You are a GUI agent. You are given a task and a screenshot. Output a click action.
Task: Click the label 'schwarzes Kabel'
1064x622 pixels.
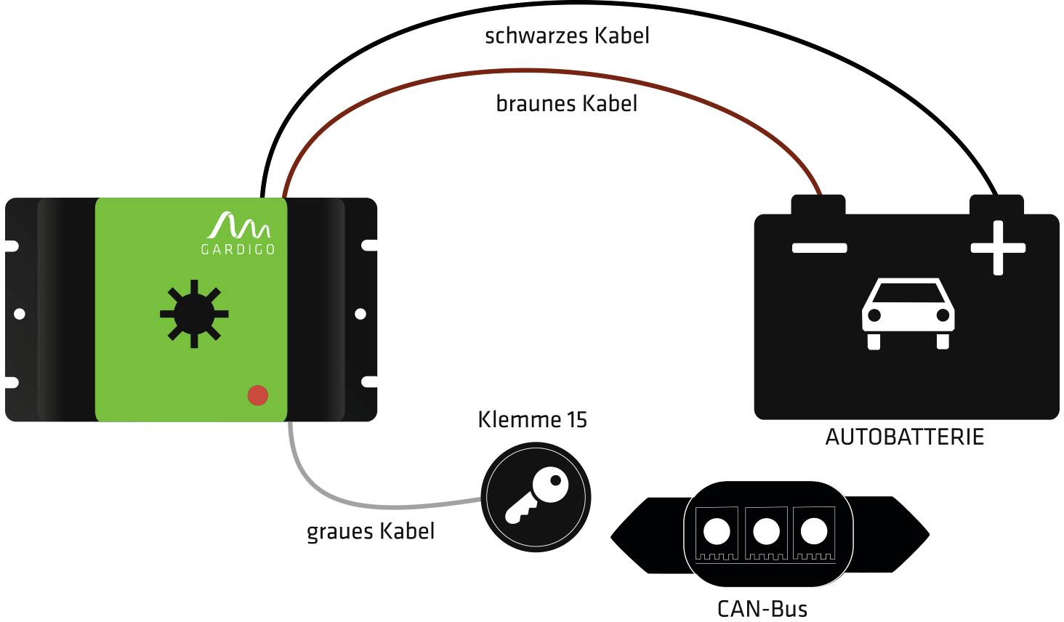coord(566,36)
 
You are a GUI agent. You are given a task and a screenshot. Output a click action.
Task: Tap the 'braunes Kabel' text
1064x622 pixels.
coord(566,104)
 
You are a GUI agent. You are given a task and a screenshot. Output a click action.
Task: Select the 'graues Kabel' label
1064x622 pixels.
coord(370,531)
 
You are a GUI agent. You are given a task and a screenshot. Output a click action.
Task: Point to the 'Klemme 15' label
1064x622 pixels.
coord(532,419)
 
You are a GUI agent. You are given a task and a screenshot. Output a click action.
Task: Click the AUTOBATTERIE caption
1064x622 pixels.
coord(904,437)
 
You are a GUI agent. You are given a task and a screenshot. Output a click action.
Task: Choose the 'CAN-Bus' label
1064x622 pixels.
coord(762,608)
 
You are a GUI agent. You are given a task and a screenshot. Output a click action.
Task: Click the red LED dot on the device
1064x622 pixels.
coord(258,395)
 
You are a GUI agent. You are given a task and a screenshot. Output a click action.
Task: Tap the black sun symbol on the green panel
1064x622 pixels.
coord(194,314)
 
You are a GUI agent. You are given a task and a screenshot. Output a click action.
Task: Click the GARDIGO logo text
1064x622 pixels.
coord(238,249)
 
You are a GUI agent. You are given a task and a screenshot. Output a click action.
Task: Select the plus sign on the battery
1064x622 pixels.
coord(998,248)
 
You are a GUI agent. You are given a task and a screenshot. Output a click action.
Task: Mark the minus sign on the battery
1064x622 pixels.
coord(819,248)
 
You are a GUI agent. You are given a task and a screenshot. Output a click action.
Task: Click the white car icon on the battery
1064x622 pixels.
coord(908,313)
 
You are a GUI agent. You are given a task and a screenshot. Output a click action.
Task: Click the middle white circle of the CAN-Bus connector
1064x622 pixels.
coord(766,531)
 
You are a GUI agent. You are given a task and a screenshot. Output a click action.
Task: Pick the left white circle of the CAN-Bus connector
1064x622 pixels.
coord(717,531)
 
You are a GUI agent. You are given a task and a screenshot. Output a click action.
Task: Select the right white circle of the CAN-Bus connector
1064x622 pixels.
coord(814,531)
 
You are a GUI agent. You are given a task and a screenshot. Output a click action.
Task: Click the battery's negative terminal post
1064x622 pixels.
coord(818,204)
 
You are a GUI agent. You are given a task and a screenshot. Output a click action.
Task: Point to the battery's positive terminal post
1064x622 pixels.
coord(996,204)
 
